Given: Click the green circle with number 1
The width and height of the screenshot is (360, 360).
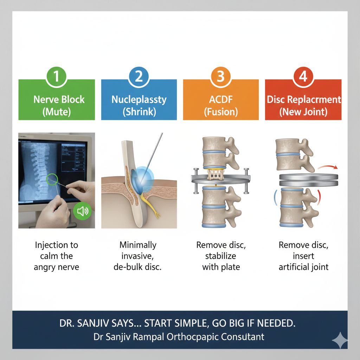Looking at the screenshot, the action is [57, 77].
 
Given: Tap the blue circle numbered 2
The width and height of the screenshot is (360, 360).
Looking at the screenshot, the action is [139, 77].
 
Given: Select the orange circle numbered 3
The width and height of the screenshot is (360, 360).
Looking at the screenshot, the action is [221, 77].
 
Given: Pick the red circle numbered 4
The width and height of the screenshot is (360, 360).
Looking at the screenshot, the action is [303, 77].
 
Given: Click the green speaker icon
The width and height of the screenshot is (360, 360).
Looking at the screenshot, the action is [82, 211].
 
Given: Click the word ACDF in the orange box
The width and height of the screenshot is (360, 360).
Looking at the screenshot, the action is [221, 99].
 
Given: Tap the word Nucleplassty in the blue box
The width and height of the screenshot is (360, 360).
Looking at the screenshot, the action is [139, 100].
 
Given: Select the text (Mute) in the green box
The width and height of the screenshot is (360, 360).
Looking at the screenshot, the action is [57, 112].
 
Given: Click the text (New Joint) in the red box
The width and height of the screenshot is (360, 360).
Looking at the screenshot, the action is [303, 112].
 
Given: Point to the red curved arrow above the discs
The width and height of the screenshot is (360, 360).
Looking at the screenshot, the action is [328, 166].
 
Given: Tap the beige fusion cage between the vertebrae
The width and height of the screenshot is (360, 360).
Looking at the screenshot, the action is [216, 174].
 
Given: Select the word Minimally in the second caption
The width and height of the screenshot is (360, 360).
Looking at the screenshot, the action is [138, 245].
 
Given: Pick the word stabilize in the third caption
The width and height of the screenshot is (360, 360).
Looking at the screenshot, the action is [221, 256].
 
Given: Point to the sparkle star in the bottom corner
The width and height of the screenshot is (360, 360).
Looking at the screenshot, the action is [340, 340].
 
